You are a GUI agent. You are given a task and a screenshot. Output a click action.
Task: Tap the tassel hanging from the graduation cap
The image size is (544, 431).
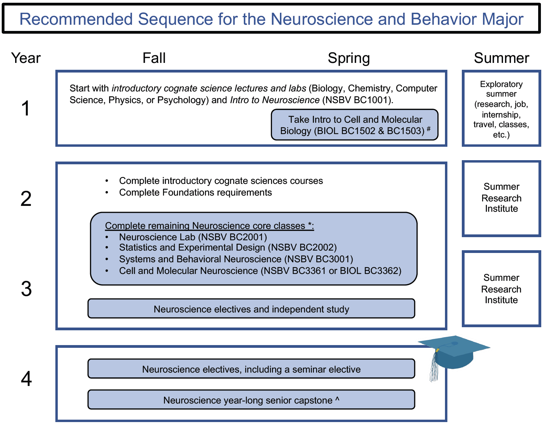click(x=434, y=369)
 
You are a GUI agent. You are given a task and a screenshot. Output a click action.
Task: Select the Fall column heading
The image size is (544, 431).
click(x=154, y=58)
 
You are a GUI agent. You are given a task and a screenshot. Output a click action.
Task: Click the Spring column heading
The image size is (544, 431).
click(x=349, y=58)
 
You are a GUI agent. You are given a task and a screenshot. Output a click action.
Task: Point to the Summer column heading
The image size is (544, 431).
click(x=501, y=58)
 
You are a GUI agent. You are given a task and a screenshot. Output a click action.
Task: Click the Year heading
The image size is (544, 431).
click(x=26, y=58)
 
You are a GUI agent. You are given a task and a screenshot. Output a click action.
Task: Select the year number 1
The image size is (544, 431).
click(x=26, y=108)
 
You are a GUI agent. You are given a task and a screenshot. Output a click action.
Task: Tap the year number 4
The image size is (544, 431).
click(x=26, y=379)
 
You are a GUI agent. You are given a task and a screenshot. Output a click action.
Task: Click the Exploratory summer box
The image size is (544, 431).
click(x=501, y=109)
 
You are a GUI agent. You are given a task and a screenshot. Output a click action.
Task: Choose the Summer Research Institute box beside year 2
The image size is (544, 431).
click(x=501, y=198)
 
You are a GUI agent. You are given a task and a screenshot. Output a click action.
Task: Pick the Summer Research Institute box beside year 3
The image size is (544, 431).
click(x=501, y=289)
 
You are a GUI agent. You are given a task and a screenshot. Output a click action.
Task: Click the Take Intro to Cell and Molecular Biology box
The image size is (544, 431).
click(x=355, y=125)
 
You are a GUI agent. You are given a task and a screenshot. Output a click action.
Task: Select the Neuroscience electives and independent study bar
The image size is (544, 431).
click(x=251, y=309)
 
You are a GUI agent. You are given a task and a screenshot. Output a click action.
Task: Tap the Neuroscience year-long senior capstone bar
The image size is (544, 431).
click(x=251, y=400)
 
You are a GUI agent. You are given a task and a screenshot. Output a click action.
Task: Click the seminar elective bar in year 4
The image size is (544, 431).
click(x=251, y=369)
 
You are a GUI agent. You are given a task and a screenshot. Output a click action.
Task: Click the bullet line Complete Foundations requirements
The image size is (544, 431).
click(x=195, y=192)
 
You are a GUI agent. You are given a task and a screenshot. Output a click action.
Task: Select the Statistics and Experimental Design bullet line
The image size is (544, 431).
click(x=228, y=247)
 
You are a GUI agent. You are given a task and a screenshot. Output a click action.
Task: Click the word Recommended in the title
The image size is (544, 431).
click(x=76, y=19)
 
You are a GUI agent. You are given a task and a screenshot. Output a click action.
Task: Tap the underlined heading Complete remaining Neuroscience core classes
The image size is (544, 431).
click(x=209, y=226)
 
